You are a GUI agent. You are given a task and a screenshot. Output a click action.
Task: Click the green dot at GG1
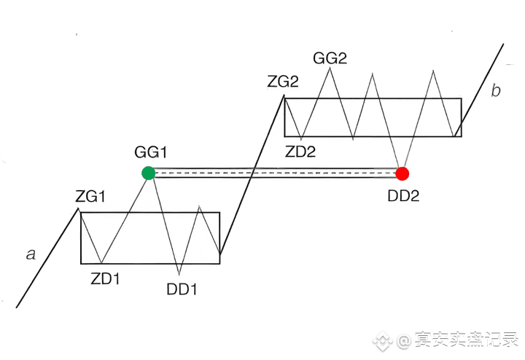click(x=148, y=173)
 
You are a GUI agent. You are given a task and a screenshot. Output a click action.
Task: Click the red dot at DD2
click(x=402, y=173)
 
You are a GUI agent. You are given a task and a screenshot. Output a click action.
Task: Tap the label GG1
click(x=151, y=152)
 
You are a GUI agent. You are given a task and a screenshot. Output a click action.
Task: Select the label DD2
click(x=402, y=195)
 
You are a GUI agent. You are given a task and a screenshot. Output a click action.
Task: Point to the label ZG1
click(x=90, y=196)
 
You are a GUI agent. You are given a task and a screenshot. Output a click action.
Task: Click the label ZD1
click(x=105, y=278)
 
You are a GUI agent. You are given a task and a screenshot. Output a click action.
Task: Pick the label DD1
click(x=182, y=289)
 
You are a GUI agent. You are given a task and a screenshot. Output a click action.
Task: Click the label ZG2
click(x=283, y=82)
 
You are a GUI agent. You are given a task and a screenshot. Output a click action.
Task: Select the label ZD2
click(x=302, y=152)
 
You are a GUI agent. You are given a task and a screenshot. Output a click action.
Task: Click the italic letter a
click(x=31, y=254)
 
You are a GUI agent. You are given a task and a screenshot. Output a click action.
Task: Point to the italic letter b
click(x=496, y=91)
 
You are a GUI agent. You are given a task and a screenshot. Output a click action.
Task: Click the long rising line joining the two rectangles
click(x=252, y=179)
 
